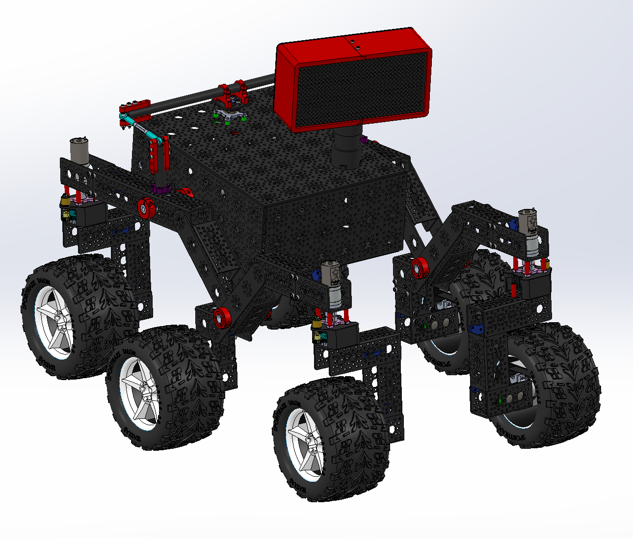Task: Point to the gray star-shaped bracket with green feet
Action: pos(229,116)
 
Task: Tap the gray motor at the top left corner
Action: pos(79,150)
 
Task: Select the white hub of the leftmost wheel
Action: pos(54,324)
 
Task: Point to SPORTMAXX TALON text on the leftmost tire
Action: pos(28,314)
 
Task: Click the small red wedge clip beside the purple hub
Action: pos(185,192)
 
